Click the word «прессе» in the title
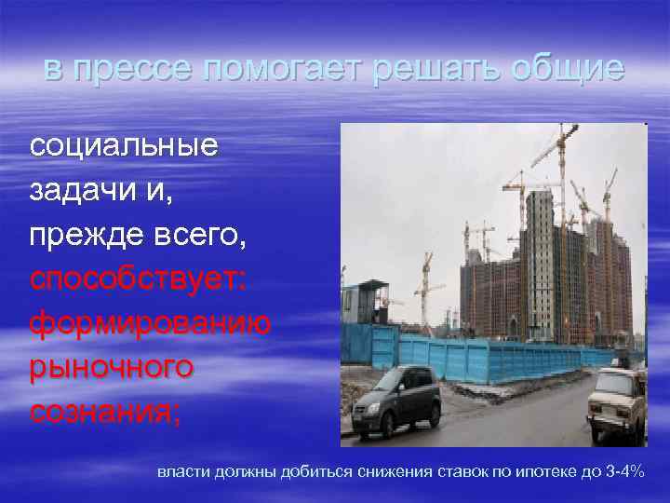click(x=131, y=70)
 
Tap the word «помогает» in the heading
click(x=261, y=70)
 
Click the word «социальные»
click(x=124, y=146)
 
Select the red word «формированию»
click(x=149, y=322)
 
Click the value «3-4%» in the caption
click(x=623, y=472)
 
